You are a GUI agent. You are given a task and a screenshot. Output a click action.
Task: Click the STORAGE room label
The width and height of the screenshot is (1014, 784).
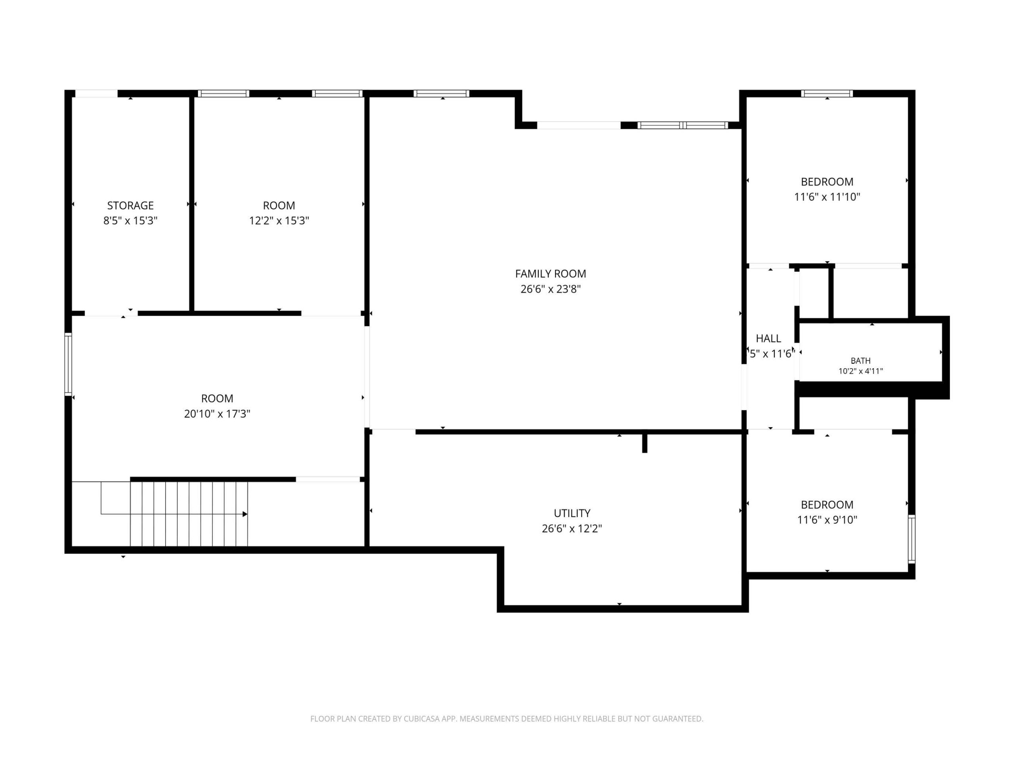(130, 205)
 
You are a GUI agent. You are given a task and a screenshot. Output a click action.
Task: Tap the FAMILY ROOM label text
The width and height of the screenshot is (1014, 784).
(551, 274)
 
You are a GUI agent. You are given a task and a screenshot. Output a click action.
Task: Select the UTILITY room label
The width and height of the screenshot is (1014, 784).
(572, 513)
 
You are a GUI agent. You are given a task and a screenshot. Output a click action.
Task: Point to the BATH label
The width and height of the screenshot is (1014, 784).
(860, 361)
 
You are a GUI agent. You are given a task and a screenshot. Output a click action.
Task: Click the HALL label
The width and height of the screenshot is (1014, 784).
(768, 338)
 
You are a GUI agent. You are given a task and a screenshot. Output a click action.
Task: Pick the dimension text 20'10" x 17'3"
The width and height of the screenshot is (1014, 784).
(217, 414)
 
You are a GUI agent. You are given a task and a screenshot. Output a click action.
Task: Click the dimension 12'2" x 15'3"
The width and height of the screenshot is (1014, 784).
(279, 220)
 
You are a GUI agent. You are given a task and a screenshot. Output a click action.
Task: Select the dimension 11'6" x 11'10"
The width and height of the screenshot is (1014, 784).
(827, 197)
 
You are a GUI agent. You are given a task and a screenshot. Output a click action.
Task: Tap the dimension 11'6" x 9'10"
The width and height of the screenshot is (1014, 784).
(827, 520)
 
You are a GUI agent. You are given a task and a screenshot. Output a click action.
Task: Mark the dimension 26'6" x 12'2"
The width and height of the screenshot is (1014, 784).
(572, 528)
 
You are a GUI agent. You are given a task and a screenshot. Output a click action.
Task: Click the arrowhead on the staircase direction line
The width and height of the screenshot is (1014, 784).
(245, 514)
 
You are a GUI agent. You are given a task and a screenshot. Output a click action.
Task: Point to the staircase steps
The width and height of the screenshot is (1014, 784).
(189, 514)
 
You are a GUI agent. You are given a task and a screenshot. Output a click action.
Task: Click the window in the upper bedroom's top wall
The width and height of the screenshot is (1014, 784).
(827, 94)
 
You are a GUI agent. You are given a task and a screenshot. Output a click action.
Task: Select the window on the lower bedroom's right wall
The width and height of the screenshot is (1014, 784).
(911, 539)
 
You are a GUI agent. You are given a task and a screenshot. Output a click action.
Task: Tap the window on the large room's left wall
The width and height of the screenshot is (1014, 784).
(68, 365)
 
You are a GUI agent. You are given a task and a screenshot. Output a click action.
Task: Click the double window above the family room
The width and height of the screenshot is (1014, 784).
(682, 125)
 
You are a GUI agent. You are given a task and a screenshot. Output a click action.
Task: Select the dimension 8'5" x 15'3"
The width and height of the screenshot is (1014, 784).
(130, 220)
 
